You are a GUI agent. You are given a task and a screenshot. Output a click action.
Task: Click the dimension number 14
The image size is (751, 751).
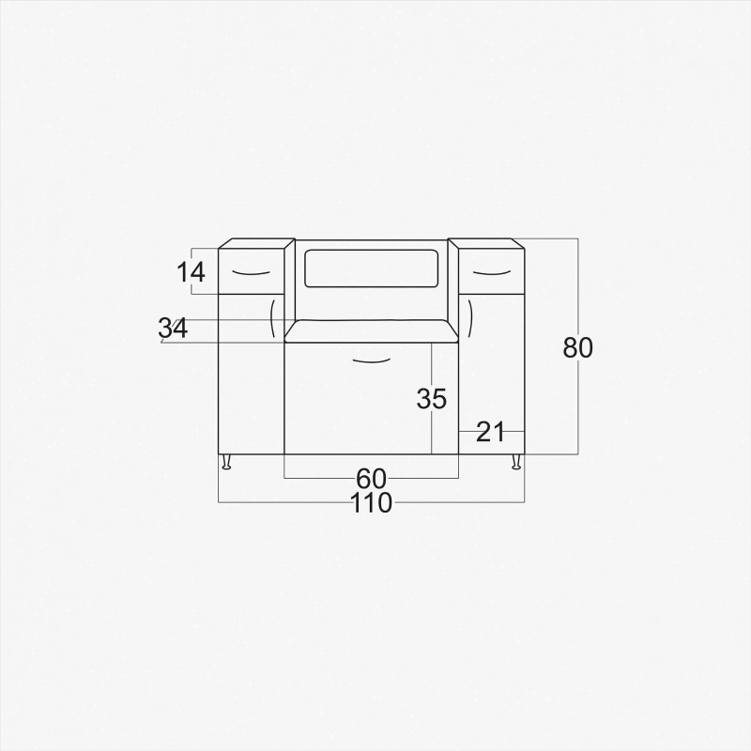click(x=191, y=272)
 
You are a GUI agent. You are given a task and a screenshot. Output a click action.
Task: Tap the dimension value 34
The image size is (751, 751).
click(x=173, y=329)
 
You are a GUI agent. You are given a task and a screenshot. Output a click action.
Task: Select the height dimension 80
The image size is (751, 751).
click(x=577, y=347)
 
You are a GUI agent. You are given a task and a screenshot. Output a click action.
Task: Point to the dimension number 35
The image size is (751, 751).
click(x=432, y=398)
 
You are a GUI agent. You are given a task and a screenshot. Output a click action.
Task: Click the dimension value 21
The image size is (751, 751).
click(x=491, y=432)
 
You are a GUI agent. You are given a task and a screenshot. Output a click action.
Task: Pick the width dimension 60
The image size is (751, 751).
click(x=371, y=478)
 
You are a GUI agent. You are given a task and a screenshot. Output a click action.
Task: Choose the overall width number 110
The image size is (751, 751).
click(x=371, y=503)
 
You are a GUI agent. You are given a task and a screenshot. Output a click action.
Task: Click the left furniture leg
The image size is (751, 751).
click(x=226, y=462)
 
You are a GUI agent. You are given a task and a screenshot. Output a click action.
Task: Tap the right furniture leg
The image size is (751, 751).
click(x=516, y=462)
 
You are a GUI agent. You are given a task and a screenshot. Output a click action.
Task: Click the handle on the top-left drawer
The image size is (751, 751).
click(x=252, y=273)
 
